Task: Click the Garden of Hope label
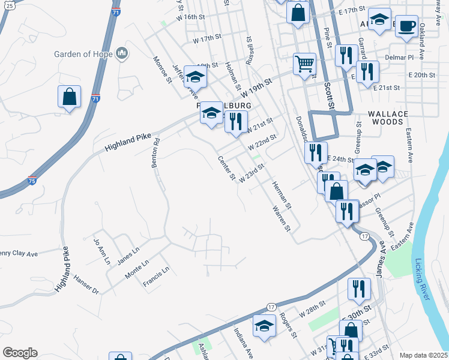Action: tap(83, 54)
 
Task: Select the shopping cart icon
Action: tap(305, 64)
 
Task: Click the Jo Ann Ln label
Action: tap(102, 251)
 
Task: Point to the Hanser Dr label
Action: tap(86, 284)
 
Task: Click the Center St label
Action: tap(226, 169)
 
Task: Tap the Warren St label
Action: tap(281, 220)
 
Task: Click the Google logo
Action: tap(20, 353)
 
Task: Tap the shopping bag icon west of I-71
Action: tap(70, 97)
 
